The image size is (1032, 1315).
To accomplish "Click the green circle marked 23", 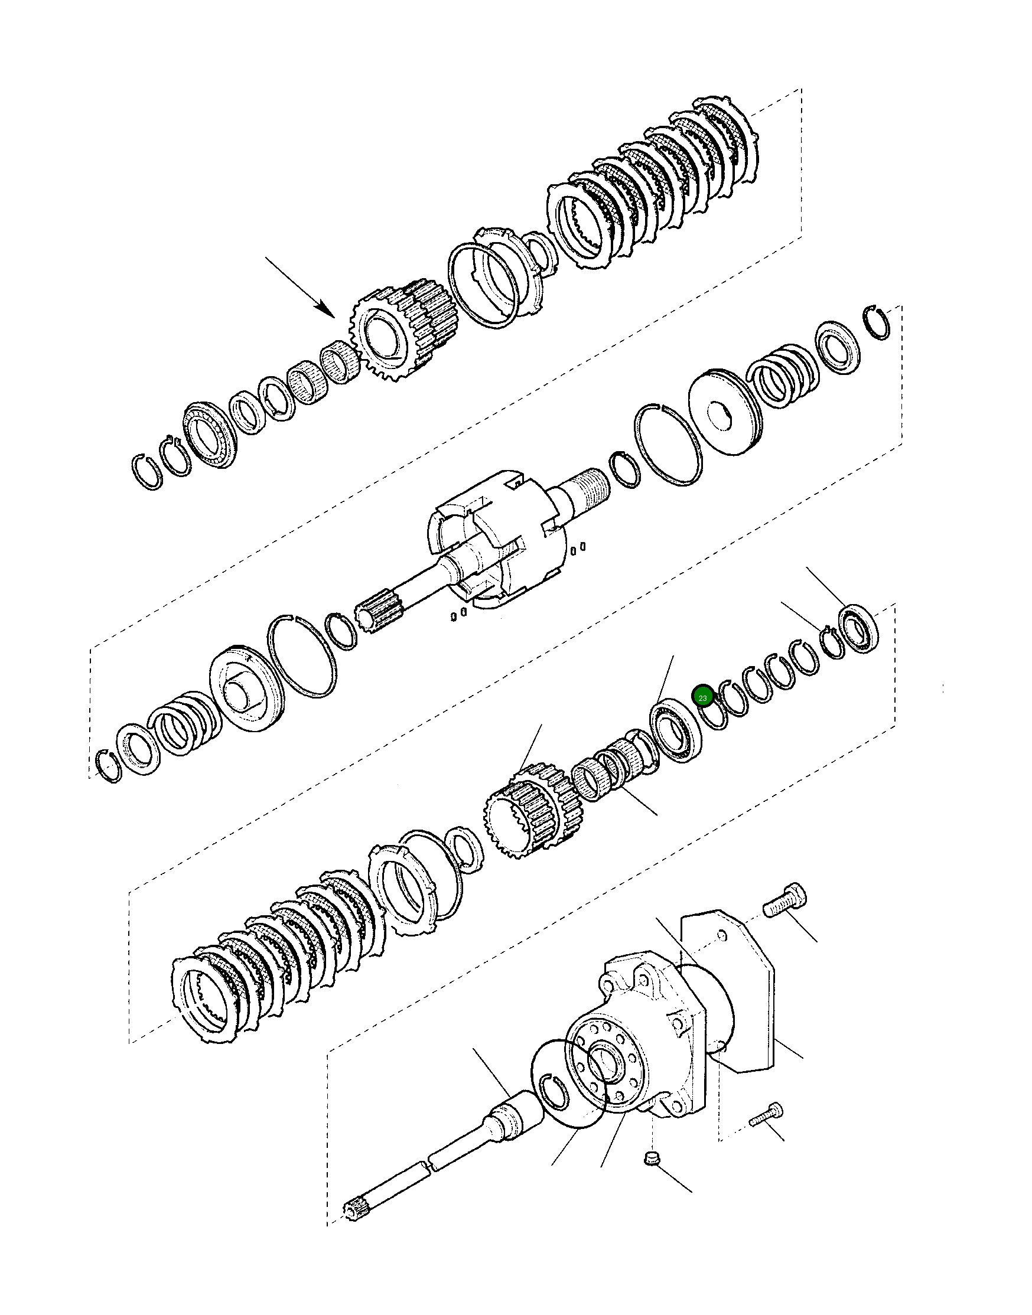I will coord(702,698).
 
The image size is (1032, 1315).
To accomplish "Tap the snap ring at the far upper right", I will coord(876,323).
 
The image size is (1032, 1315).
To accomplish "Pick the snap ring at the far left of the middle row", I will coord(109,766).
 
